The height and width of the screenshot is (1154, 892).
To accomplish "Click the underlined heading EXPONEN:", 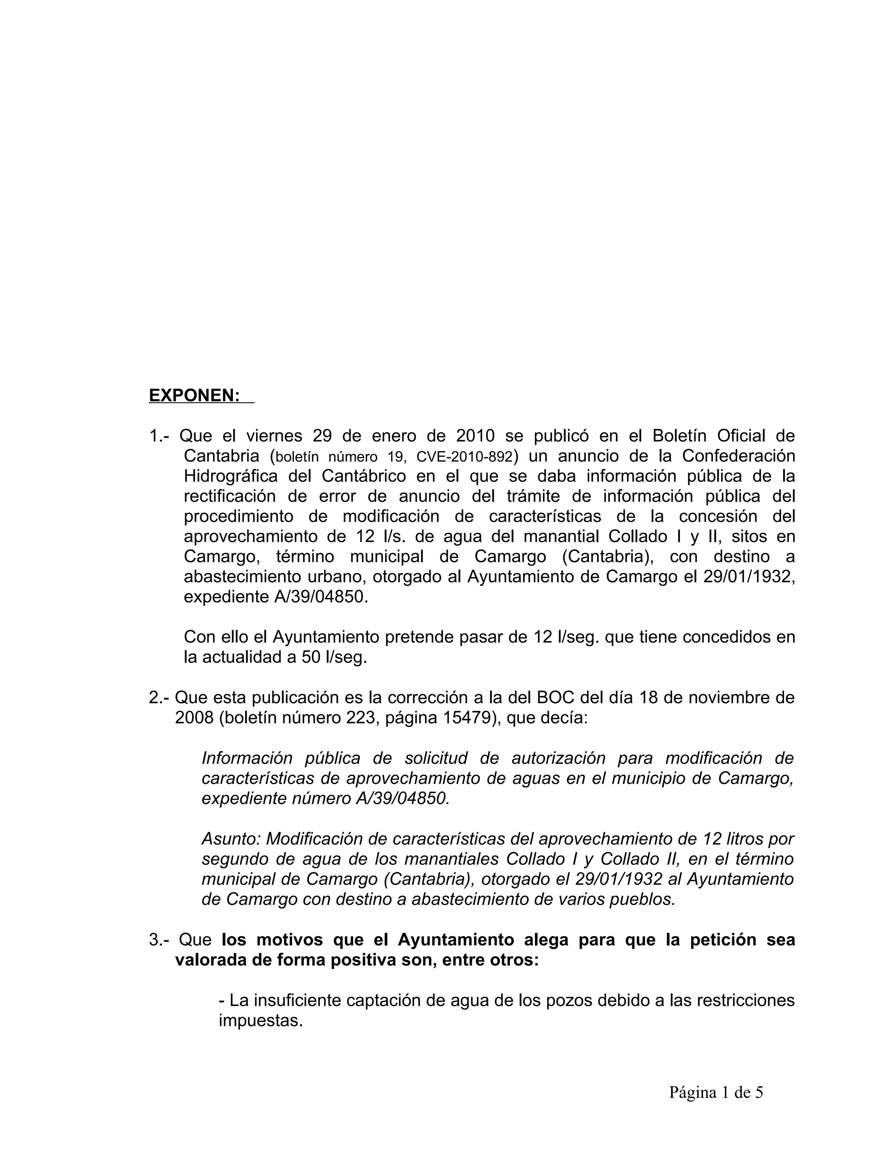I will tap(194, 395).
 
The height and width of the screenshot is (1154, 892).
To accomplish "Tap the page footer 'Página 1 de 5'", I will tap(716, 1092).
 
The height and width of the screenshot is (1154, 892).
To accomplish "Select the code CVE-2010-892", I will tap(464, 456).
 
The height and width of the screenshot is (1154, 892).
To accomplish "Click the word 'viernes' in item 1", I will tap(274, 436).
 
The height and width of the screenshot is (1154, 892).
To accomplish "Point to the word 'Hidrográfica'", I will tap(230, 476).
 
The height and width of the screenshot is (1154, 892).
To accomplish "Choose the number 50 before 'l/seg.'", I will tap(312, 657).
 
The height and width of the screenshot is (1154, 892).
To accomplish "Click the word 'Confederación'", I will tap(738, 456).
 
